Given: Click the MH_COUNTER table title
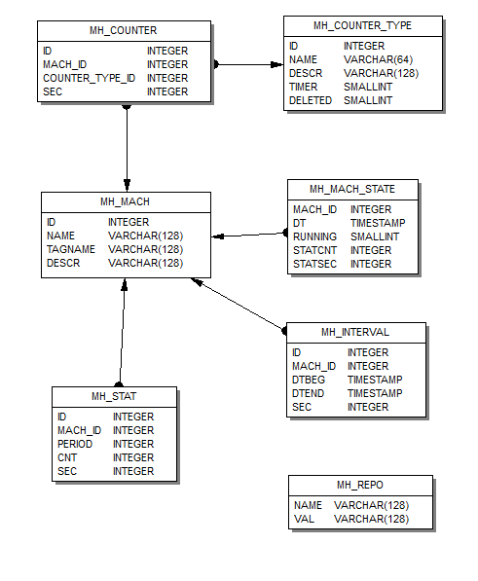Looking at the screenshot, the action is (x=123, y=30).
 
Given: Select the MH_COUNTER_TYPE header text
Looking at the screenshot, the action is (x=362, y=25).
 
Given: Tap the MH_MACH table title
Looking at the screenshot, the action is (x=125, y=201).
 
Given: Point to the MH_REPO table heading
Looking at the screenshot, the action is (x=360, y=485).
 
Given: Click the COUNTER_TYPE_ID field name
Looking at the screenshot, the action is (x=89, y=78).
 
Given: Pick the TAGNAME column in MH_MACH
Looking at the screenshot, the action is (x=71, y=249).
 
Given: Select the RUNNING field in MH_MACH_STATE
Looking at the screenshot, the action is (x=314, y=236).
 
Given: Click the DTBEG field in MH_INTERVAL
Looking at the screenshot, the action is (x=309, y=380).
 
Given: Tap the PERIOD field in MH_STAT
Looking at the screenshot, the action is (x=75, y=444).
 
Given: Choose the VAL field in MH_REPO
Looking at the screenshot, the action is (x=304, y=519).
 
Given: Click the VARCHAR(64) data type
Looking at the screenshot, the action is (x=378, y=59).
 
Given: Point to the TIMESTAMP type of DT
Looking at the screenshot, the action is (x=378, y=223).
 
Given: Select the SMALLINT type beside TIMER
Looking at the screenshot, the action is (x=368, y=87).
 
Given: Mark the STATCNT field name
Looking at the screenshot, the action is (x=314, y=250).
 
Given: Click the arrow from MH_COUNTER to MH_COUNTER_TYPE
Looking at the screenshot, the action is (x=249, y=64).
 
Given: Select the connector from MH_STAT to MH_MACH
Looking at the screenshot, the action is (x=122, y=333).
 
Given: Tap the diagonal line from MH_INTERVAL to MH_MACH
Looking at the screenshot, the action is (x=239, y=305).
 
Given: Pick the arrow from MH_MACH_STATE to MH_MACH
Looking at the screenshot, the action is (x=250, y=235).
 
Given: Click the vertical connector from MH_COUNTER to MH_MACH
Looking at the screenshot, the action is (x=127, y=148).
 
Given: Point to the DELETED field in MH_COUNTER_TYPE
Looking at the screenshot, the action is (x=311, y=100).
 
